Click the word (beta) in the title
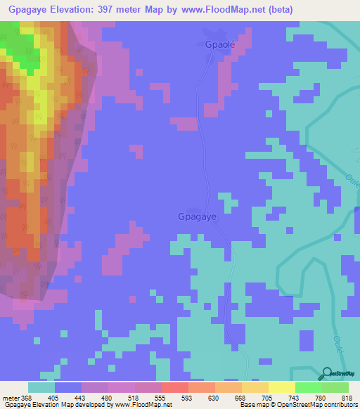click(x=277, y=9)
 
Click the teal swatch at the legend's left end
click(x=41, y=387)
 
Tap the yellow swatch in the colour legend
click(x=282, y=387)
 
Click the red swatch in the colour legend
click(x=175, y=387)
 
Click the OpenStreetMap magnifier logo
click(x=328, y=374)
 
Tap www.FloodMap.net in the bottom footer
click(x=138, y=404)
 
